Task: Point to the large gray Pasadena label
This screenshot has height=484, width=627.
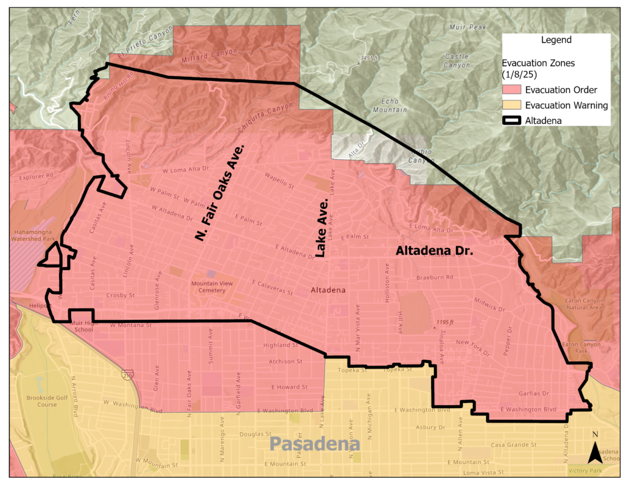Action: pos(315,443)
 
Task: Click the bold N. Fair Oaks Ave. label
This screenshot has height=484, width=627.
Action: pos(220,193)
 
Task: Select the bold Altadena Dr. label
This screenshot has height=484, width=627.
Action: pos(435,250)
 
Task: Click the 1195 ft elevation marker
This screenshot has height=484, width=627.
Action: pos(444,322)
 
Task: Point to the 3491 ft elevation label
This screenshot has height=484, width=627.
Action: pos(369,58)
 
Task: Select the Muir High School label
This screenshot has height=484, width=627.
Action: pos(81,326)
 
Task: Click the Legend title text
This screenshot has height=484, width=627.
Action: pos(556,40)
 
